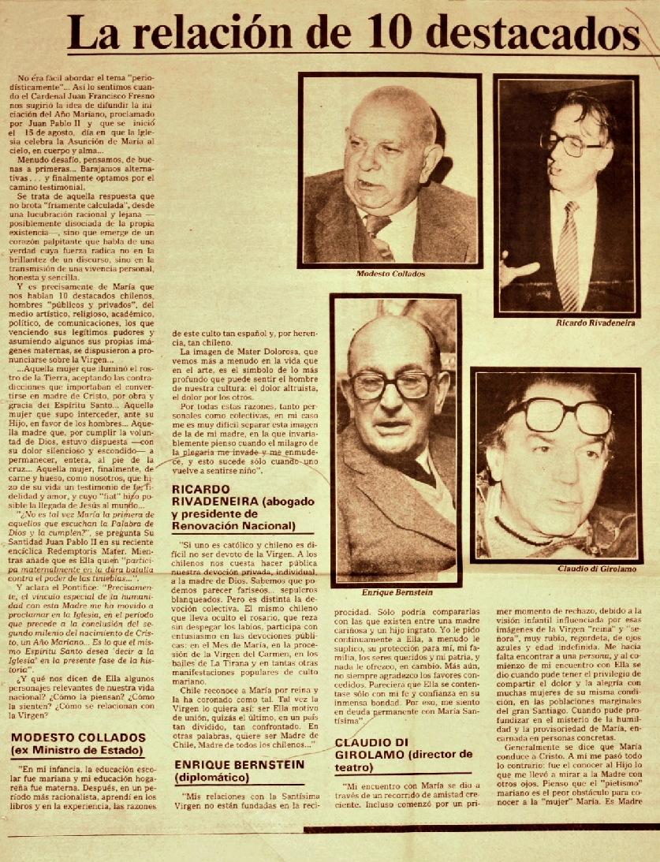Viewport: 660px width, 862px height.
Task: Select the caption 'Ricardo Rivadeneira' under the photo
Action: pos(585,323)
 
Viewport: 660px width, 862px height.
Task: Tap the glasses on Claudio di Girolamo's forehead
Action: pos(561,415)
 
